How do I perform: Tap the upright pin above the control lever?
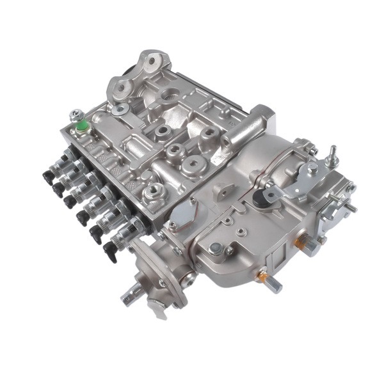[x=332, y=154]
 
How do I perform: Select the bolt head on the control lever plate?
[x=312, y=168]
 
